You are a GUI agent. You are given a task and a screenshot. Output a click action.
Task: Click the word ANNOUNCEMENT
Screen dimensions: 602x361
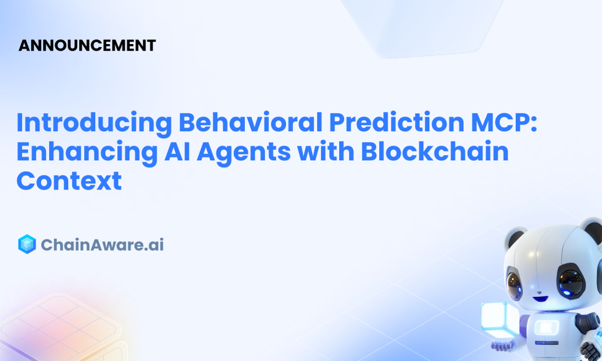(87, 45)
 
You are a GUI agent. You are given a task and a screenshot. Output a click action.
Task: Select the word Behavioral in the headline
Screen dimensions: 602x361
(250, 122)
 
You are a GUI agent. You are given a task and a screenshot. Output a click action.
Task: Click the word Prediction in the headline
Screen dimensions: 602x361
(397, 122)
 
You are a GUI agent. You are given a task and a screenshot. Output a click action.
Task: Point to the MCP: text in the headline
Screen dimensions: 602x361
(504, 122)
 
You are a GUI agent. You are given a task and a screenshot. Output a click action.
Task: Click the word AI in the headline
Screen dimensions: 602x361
(177, 151)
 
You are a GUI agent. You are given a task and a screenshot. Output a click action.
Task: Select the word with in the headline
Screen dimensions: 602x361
(326, 151)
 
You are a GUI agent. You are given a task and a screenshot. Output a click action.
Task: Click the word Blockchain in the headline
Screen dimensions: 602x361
(435, 151)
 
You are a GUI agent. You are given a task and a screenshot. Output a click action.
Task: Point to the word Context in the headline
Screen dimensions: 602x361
(69, 180)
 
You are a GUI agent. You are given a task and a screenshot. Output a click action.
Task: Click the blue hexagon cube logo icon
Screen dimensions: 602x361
(27, 244)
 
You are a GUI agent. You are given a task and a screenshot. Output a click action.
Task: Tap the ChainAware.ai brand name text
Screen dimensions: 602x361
(102, 245)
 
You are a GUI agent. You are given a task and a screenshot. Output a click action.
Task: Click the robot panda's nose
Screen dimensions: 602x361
(539, 292)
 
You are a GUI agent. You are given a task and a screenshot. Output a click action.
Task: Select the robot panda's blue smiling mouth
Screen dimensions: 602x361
(540, 299)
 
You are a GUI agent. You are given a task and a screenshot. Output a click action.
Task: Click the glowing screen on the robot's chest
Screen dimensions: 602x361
(546, 327)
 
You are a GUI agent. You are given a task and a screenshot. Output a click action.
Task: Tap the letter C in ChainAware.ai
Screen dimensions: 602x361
(48, 245)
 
